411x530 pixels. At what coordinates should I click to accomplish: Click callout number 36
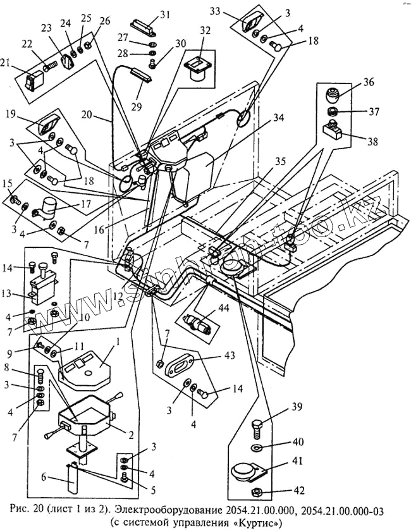tap(369, 82)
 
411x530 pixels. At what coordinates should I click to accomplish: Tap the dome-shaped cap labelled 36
tap(333, 95)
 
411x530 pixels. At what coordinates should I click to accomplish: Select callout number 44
tap(224, 308)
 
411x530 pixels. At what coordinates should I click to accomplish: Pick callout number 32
tap(205, 30)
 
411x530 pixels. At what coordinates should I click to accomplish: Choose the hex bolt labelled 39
tap(257, 429)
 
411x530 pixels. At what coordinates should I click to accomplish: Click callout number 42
tap(297, 490)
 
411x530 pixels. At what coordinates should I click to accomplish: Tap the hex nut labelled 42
tap(256, 491)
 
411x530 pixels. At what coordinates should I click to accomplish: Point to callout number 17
tap(85, 204)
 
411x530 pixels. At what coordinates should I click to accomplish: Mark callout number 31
tap(166, 15)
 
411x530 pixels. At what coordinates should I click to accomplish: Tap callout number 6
tap(44, 477)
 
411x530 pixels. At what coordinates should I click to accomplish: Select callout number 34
tap(279, 118)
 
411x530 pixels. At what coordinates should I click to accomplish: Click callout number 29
tap(136, 107)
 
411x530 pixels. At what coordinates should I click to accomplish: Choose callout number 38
tap(373, 141)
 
